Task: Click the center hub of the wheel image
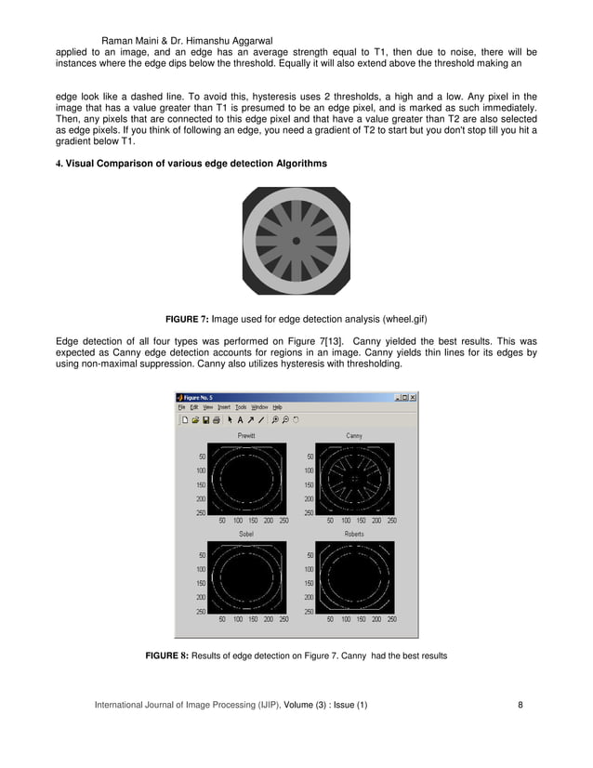click(296, 241)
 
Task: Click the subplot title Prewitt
click(246, 435)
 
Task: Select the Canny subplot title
click(354, 435)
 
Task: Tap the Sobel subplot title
click(246, 535)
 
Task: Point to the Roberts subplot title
click(354, 535)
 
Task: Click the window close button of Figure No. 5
click(413, 396)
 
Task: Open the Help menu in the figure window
click(277, 407)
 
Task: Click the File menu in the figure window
click(182, 407)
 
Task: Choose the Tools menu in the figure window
click(240, 407)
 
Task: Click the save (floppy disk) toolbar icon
click(205, 419)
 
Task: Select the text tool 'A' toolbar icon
click(239, 419)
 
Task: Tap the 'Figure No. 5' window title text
click(205, 396)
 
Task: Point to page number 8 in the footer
click(521, 705)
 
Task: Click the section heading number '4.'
click(59, 165)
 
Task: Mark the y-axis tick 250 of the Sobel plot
click(201, 611)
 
